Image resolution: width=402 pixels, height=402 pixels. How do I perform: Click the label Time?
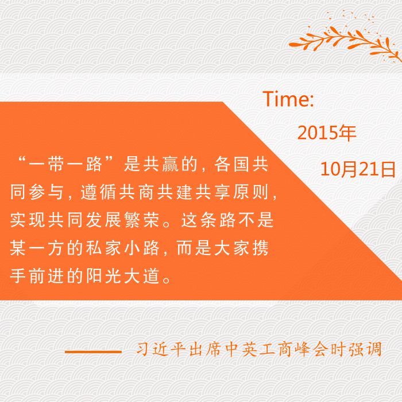point(288,99)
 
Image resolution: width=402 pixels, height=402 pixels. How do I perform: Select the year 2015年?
point(327,133)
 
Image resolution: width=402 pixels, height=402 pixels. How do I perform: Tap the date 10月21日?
point(358,169)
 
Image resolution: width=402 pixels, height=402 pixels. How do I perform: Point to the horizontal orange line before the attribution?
point(93,351)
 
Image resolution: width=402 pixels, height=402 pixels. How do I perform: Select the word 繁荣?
point(141,220)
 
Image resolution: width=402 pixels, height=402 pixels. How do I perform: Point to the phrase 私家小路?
point(122,248)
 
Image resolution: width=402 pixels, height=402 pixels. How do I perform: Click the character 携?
point(260,248)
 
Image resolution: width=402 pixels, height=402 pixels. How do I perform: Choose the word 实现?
point(28,220)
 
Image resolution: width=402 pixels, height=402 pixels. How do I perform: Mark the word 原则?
point(250,192)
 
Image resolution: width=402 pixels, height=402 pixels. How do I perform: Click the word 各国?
point(232,164)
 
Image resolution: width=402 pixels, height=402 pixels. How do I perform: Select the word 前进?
point(47,276)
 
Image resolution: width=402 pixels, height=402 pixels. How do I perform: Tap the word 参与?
point(47,192)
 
